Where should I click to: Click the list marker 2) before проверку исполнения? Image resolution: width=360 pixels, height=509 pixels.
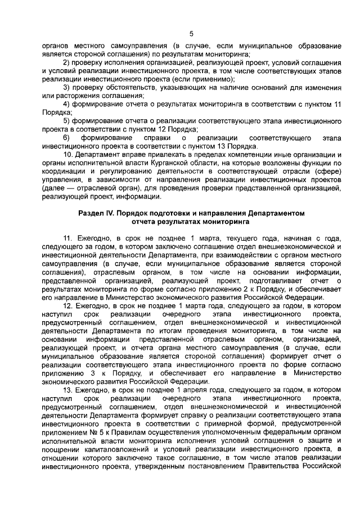point(67,62)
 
